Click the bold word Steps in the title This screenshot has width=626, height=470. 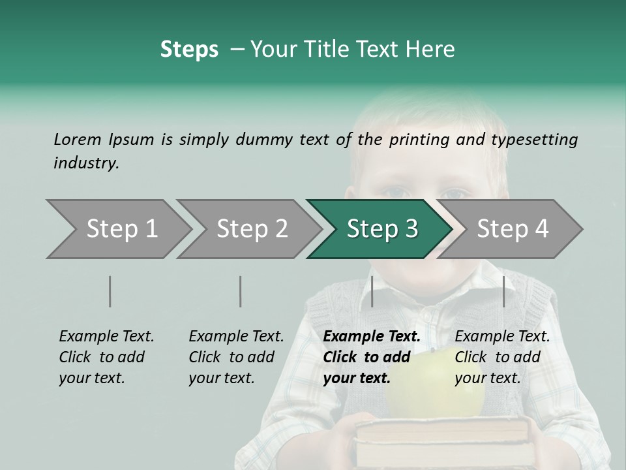point(189,50)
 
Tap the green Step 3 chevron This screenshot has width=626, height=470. point(381,229)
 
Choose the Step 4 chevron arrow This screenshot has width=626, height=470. point(513,229)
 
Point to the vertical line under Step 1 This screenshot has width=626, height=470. point(110,291)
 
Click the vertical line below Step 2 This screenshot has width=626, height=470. point(241,291)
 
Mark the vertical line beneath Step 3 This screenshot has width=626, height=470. point(372,291)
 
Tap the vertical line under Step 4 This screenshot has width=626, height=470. point(503,291)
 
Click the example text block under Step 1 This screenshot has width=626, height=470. point(106,357)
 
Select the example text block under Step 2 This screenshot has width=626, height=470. point(236,357)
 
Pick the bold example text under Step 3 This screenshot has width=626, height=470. point(372,357)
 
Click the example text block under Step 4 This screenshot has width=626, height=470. point(502,357)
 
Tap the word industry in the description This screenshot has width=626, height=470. point(85,163)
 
